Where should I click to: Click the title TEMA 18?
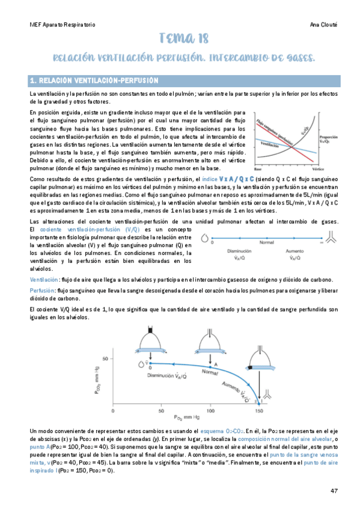(184, 39)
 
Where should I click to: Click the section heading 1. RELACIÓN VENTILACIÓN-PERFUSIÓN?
(94, 80)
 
